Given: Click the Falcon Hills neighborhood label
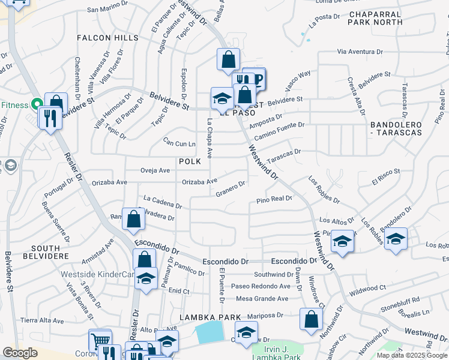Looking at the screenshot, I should pyautogui.click(x=107, y=38).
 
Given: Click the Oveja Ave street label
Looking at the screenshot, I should pyautogui.click(x=155, y=170).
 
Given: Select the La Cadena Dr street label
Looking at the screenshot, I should pyautogui.click(x=163, y=202).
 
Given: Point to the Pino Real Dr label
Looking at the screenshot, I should pyautogui.click(x=274, y=199).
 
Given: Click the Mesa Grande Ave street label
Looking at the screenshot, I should pyautogui.click(x=263, y=298).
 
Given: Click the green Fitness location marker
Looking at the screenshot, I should pyautogui.click(x=36, y=104).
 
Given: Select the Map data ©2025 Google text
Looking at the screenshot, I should pyautogui.click(x=411, y=355).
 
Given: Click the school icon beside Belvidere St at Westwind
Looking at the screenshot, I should pyautogui.click(x=221, y=98).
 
